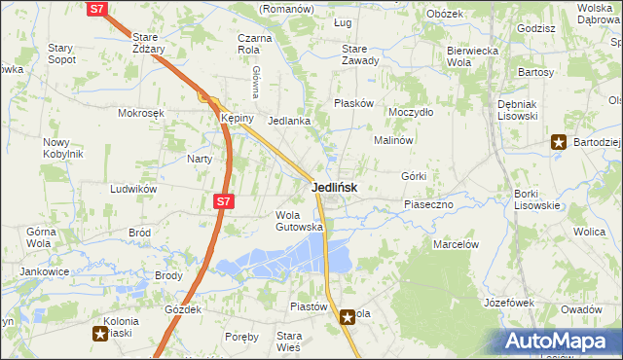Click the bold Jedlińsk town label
point(334,188)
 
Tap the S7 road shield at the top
point(96,9)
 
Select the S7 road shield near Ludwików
point(223,201)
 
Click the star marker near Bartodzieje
point(559,142)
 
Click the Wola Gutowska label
point(299,221)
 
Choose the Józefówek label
point(509,304)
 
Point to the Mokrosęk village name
point(141,113)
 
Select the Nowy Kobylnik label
point(62,148)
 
